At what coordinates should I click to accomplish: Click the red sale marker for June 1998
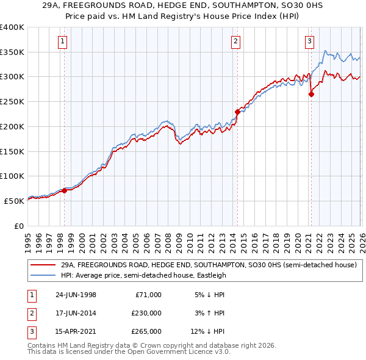(x=65, y=190)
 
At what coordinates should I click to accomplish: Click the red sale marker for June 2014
(x=237, y=112)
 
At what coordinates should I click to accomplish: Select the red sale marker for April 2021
(x=311, y=94)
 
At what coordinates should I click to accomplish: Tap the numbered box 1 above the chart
(x=63, y=41)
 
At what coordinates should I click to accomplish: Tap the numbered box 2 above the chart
(x=235, y=41)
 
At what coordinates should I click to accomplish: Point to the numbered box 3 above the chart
(x=309, y=41)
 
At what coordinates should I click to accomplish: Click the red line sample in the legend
(x=43, y=265)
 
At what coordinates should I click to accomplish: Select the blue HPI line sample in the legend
(x=43, y=275)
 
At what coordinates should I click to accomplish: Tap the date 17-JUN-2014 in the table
(x=76, y=313)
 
